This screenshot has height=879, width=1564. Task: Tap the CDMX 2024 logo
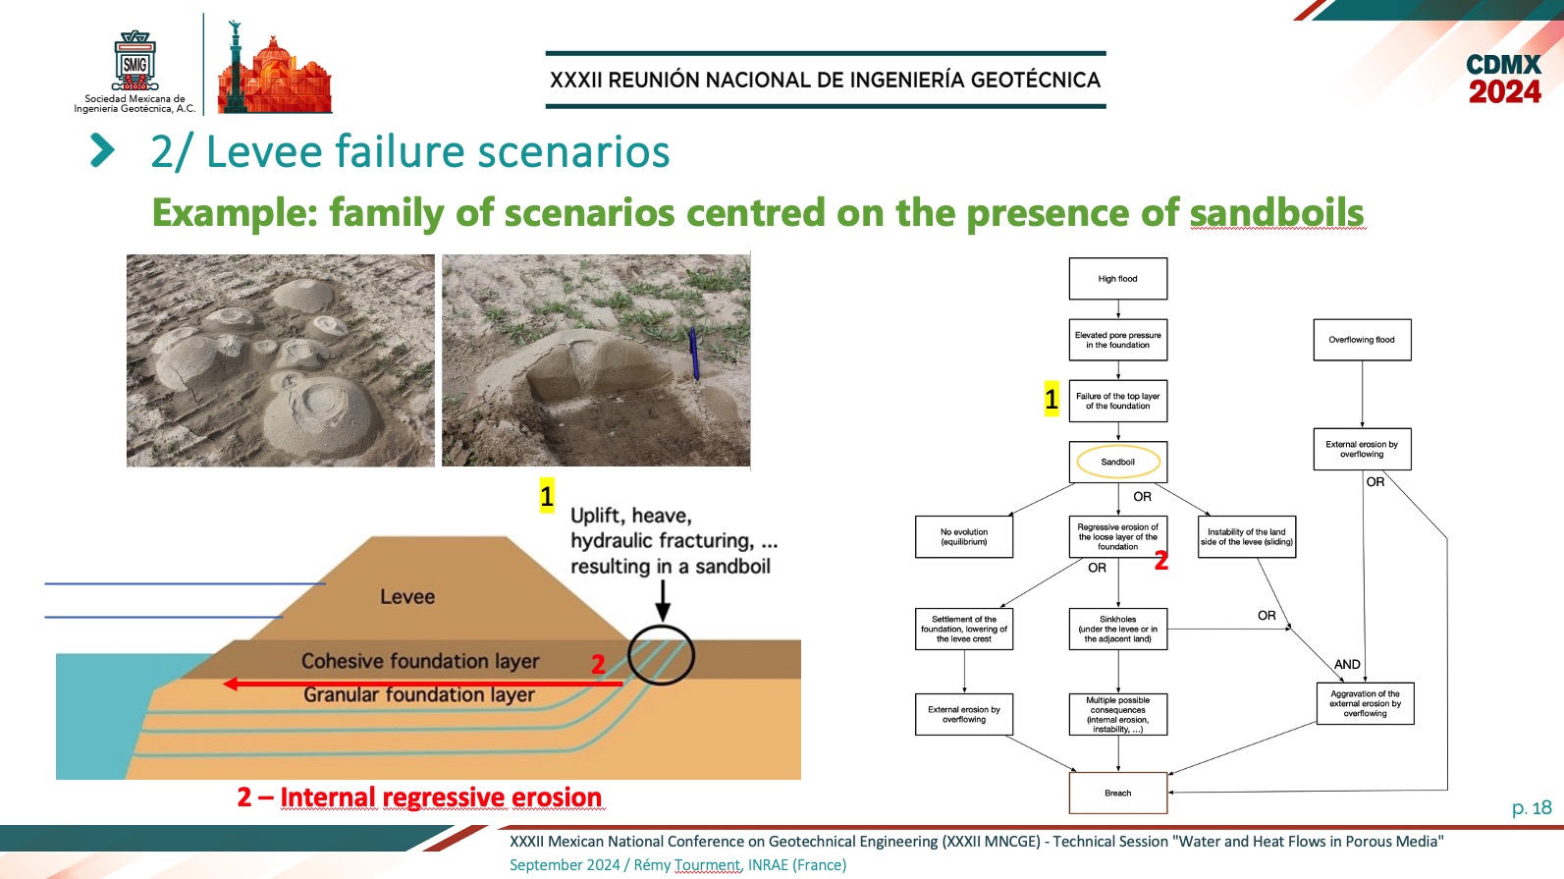click(x=1504, y=79)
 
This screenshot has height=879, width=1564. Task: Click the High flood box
click(x=1118, y=279)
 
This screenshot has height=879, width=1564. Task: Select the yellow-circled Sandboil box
click(x=1118, y=462)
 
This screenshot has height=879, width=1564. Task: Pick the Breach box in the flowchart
click(x=1118, y=793)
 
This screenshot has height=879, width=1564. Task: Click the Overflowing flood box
click(x=1362, y=340)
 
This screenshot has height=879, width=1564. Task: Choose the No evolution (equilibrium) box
click(x=963, y=537)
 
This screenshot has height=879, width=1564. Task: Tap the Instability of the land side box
click(x=1246, y=537)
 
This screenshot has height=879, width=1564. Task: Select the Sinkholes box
click(x=1118, y=630)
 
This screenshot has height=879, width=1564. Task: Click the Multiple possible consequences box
click(x=1118, y=714)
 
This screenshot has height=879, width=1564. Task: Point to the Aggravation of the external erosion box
click(x=1365, y=704)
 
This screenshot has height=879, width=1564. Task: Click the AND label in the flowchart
click(x=1347, y=665)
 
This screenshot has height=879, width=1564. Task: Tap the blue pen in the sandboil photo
click(x=693, y=354)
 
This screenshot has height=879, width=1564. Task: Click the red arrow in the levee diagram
click(x=422, y=684)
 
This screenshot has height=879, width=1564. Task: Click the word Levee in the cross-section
click(x=407, y=597)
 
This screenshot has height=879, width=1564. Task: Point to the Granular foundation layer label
click(x=419, y=695)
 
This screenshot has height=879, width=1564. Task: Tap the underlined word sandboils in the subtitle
click(x=1277, y=213)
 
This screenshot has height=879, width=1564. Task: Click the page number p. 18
click(x=1532, y=808)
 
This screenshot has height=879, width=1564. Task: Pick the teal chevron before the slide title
click(x=103, y=150)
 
